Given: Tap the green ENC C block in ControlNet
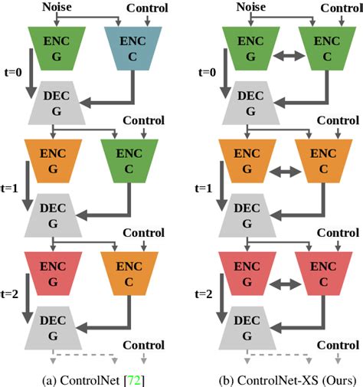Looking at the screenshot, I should point(129,159).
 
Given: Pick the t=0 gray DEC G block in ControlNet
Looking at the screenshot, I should point(55,103).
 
